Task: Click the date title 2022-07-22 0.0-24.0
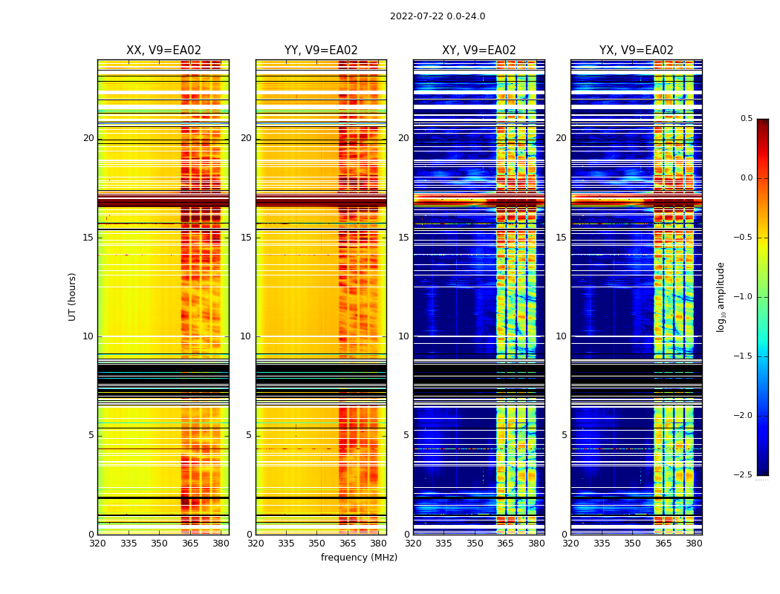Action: click(438, 16)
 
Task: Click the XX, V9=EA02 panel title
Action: click(163, 50)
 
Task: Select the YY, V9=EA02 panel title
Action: click(321, 50)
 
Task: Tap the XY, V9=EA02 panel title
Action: click(478, 50)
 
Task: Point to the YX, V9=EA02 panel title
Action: click(637, 50)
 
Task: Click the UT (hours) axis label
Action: click(73, 296)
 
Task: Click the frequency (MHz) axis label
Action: click(359, 558)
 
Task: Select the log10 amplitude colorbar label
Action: click(721, 296)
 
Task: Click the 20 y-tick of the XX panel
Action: click(88, 138)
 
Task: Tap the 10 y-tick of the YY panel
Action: click(246, 336)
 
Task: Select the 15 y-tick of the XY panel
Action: click(403, 238)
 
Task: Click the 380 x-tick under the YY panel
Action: click(378, 544)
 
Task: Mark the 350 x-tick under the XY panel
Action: click(475, 544)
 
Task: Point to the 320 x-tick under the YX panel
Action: click(571, 544)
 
